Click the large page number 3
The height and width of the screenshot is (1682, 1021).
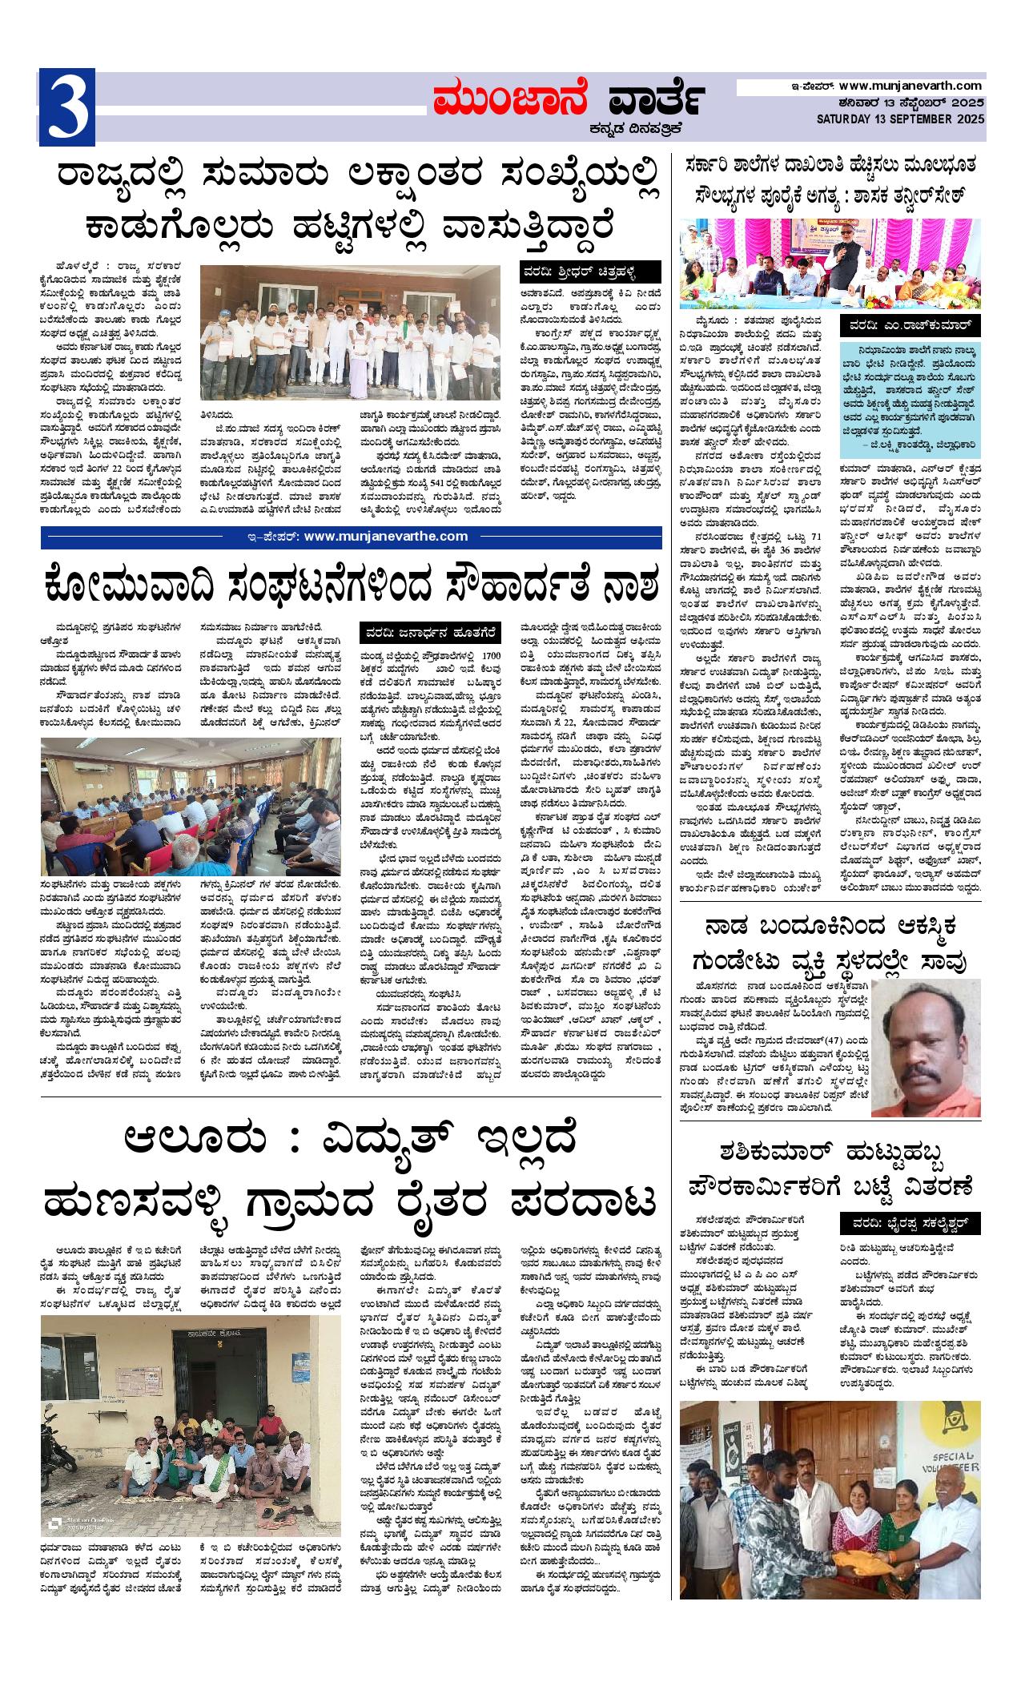(x=67, y=107)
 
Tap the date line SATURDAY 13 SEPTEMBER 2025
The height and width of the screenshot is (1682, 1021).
(x=901, y=119)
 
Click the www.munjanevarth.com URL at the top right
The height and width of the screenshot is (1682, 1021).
(x=910, y=86)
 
